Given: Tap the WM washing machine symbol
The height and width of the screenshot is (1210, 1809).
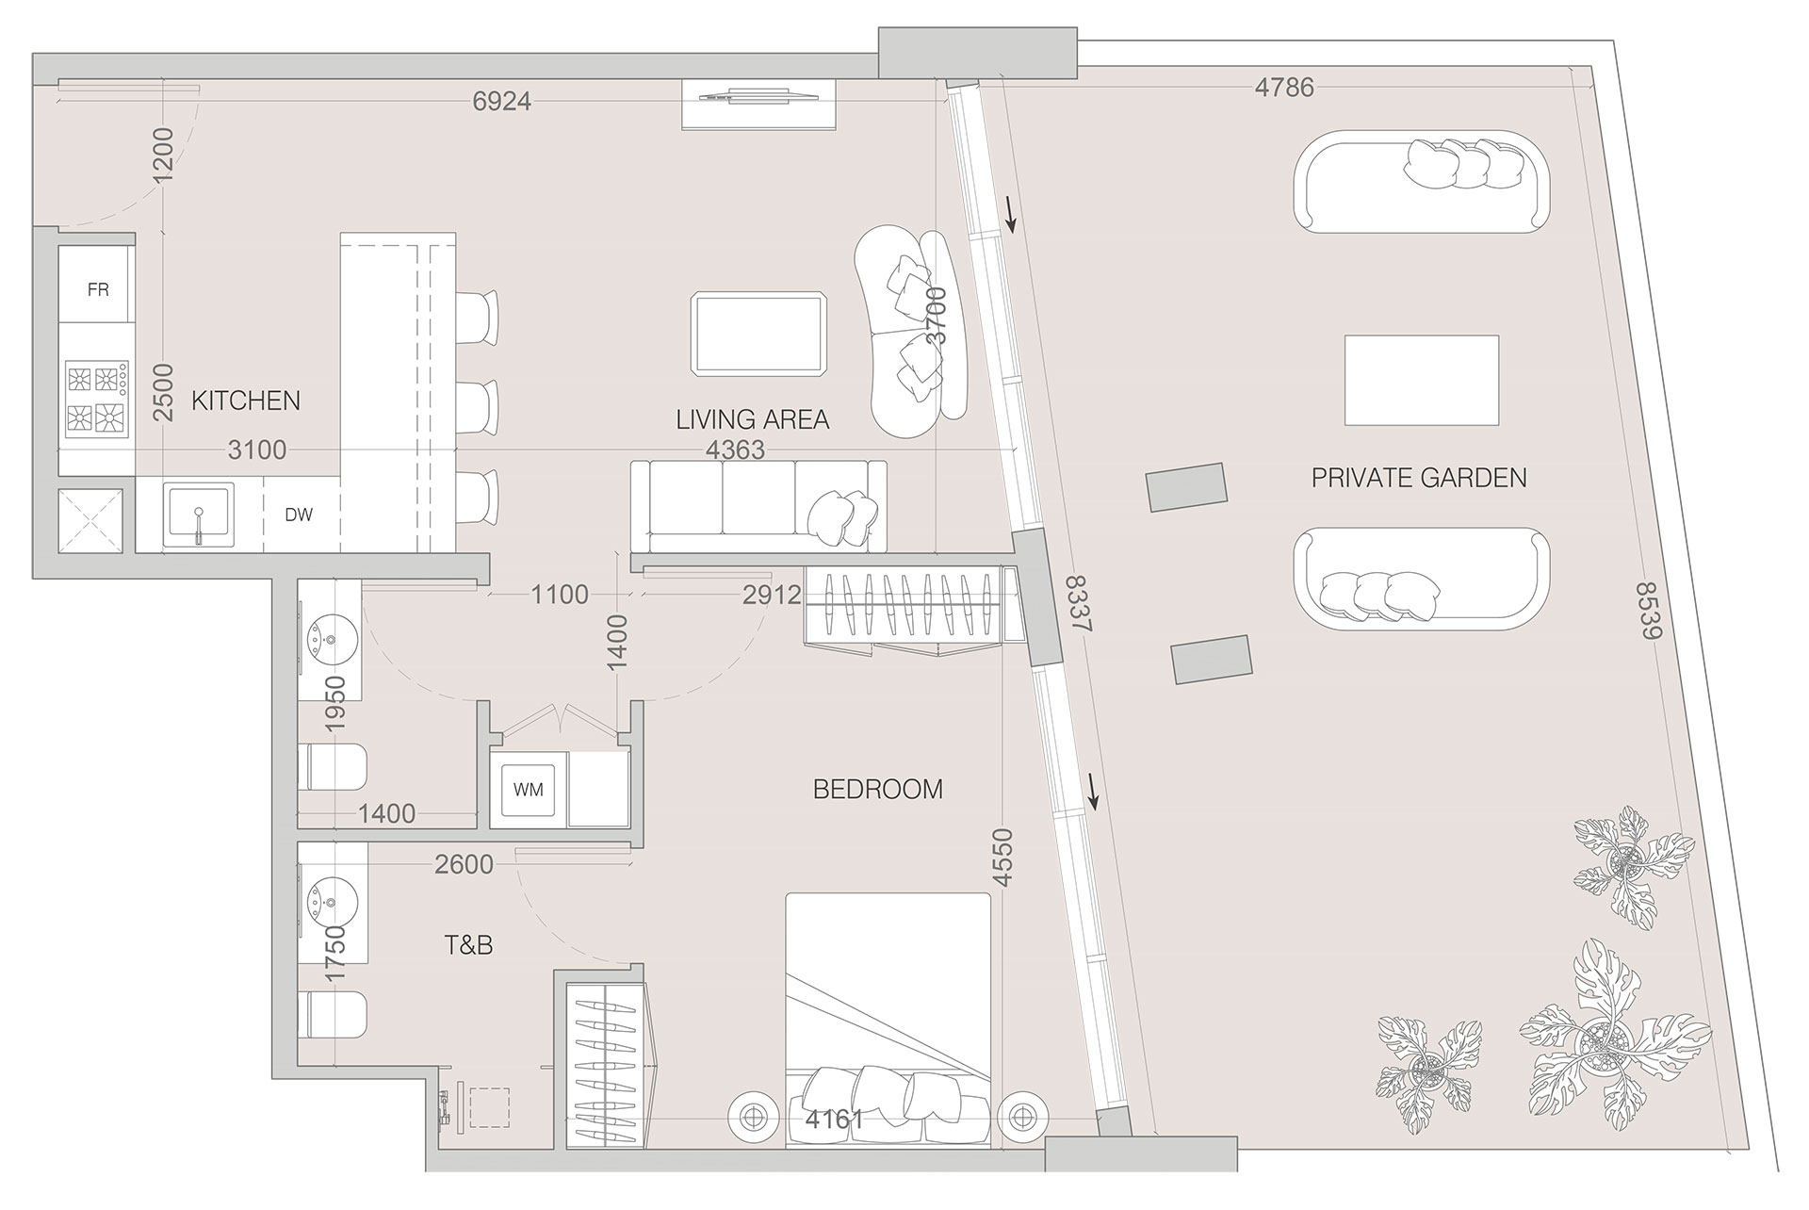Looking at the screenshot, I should (x=528, y=790).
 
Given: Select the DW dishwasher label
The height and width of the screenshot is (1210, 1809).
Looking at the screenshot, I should (x=299, y=515).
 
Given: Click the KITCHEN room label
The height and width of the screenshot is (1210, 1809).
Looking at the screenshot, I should (x=246, y=401).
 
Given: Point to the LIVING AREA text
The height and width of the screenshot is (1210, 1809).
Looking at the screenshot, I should (x=752, y=419).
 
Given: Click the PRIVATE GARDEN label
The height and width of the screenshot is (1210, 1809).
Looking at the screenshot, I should (x=1418, y=478).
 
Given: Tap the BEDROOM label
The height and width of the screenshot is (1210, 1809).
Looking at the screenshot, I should (x=877, y=789).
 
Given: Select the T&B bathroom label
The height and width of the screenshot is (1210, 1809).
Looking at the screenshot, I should (x=468, y=944).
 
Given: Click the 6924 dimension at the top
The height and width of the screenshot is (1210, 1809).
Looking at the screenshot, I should (x=501, y=101).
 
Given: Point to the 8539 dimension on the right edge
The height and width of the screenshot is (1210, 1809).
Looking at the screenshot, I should (x=1648, y=611).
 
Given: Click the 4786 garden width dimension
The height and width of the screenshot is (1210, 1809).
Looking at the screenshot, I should (x=1284, y=88).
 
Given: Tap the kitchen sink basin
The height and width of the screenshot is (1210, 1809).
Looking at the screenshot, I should (x=198, y=515).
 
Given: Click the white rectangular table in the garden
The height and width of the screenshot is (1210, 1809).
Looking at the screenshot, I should (x=1421, y=380).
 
